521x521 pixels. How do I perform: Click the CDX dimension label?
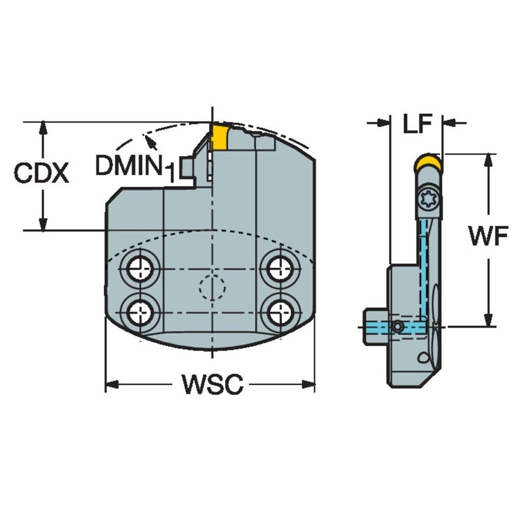[41, 174]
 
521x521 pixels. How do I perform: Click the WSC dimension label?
[212, 385]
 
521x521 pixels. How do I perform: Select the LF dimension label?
[417, 123]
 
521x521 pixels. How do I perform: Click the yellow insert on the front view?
[220, 137]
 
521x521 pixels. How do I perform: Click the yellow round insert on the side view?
[428, 163]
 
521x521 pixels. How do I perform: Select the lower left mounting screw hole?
[140, 313]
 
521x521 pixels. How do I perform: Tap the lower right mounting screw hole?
[280, 313]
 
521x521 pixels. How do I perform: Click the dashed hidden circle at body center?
[212, 286]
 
